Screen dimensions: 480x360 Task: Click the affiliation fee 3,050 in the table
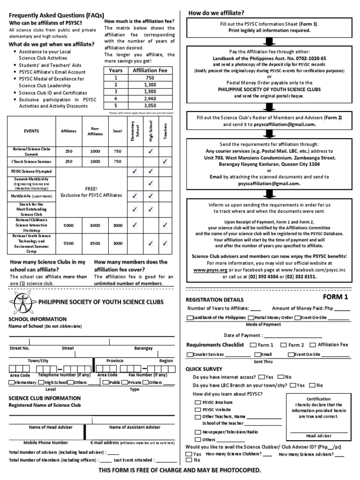[150, 106]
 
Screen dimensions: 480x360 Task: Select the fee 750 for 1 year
[150, 78]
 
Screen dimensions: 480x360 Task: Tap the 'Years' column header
[115, 70]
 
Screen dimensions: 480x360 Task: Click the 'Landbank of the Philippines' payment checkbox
[189, 318]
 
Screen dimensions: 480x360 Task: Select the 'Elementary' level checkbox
[12, 382]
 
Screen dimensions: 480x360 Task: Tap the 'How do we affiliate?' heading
[216, 13]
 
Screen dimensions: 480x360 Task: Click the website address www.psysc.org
[207, 270]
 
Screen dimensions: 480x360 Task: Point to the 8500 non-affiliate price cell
[95, 243]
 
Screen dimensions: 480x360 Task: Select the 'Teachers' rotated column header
[165, 131]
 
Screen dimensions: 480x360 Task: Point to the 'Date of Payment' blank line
[293, 336]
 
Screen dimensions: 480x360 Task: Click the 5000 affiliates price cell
[68, 225]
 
